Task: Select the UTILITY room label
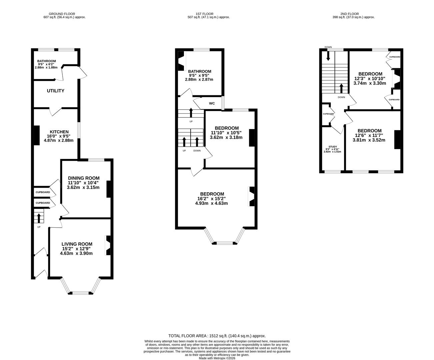pyautogui.click(x=55, y=91)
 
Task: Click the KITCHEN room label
pyautogui.click(x=59, y=132)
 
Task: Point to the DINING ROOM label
pyautogui.click(x=83, y=178)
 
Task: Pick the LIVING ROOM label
pyautogui.click(x=77, y=244)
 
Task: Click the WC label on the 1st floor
pyautogui.click(x=212, y=103)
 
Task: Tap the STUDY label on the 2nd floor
pyautogui.click(x=332, y=147)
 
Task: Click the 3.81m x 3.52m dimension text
pyautogui.click(x=369, y=140)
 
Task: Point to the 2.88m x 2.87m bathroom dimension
pyautogui.click(x=199, y=79)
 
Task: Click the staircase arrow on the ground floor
pyautogui.click(x=39, y=218)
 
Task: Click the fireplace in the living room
pyautogui.click(x=108, y=246)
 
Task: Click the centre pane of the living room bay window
pyautogui.click(x=81, y=293)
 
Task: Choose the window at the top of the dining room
pyautogui.click(x=96, y=160)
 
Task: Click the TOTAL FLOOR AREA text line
pyautogui.click(x=217, y=336)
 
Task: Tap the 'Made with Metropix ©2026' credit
pyautogui.click(x=217, y=358)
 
